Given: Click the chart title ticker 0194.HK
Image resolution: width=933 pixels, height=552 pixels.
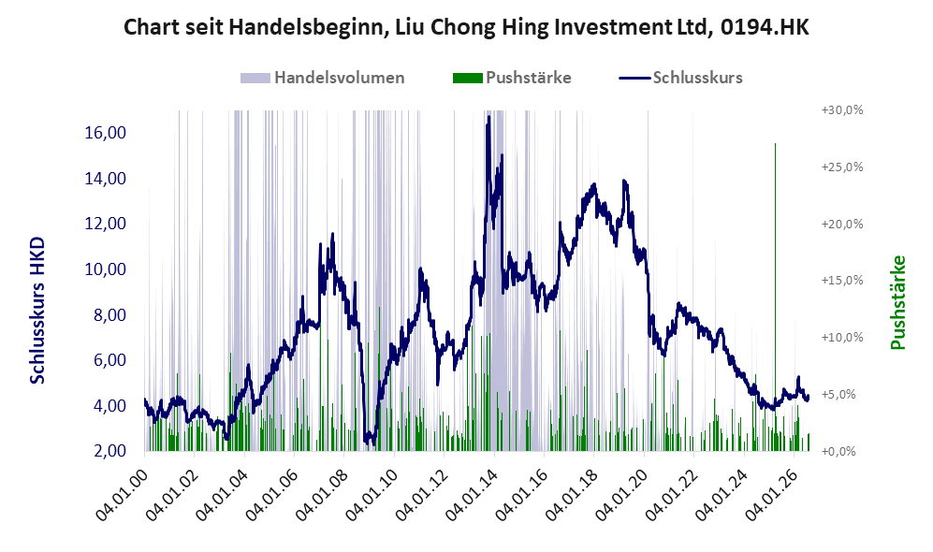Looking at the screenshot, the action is pyautogui.click(x=765, y=27).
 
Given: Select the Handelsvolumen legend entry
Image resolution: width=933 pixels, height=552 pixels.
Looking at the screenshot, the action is pyautogui.click(x=323, y=78).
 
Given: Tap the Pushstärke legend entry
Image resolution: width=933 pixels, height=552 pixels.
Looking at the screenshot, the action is pyautogui.click(x=512, y=78).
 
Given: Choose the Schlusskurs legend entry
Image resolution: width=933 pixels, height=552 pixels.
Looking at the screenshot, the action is pyautogui.click(x=680, y=78).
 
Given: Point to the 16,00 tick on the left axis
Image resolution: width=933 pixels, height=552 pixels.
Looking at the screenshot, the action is pyautogui.click(x=106, y=133).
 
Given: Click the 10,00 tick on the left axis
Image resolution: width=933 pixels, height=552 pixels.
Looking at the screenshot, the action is pyautogui.click(x=106, y=269).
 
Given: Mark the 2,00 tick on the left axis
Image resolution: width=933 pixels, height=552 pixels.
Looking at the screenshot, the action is pyautogui.click(x=110, y=451).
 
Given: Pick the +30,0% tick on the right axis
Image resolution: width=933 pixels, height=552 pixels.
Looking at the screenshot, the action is pyautogui.click(x=842, y=110).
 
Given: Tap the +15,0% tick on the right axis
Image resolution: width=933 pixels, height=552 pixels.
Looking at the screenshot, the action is pyautogui.click(x=842, y=280).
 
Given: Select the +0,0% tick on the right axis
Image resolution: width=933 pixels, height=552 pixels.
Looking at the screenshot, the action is pyautogui.click(x=839, y=452).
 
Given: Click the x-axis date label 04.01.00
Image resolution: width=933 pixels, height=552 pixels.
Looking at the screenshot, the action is pyautogui.click(x=121, y=489).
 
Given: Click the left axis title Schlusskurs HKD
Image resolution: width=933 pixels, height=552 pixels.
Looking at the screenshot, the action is pyautogui.click(x=37, y=311).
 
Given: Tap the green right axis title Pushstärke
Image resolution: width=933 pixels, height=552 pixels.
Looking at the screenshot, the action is pyautogui.click(x=897, y=303).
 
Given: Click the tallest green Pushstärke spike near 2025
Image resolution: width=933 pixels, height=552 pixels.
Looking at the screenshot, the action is pyautogui.click(x=775, y=143).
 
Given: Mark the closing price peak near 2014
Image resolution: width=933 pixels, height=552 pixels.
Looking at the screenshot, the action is pyautogui.click(x=488, y=117).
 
